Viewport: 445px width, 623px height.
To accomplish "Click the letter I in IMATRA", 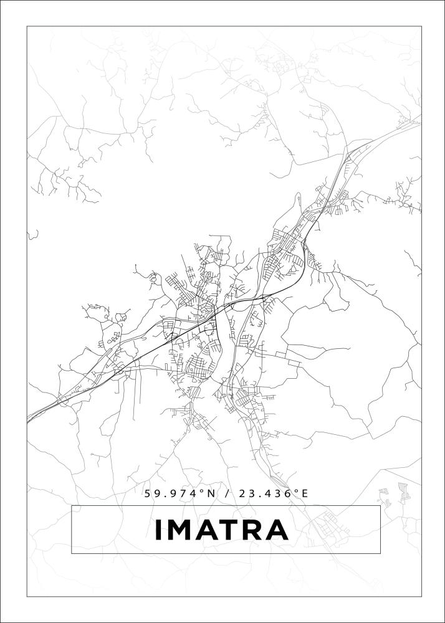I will (x=158, y=530).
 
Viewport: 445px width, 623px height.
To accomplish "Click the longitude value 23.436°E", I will (x=273, y=493).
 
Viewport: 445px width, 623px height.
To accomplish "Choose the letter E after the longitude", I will (x=305, y=493).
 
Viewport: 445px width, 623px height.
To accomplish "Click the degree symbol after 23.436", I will (x=296, y=491).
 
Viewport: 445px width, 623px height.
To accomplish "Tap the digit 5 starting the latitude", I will (x=148, y=493).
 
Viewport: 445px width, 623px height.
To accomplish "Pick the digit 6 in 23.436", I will (x=288, y=493).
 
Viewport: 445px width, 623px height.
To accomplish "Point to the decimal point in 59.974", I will (x=163, y=497).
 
